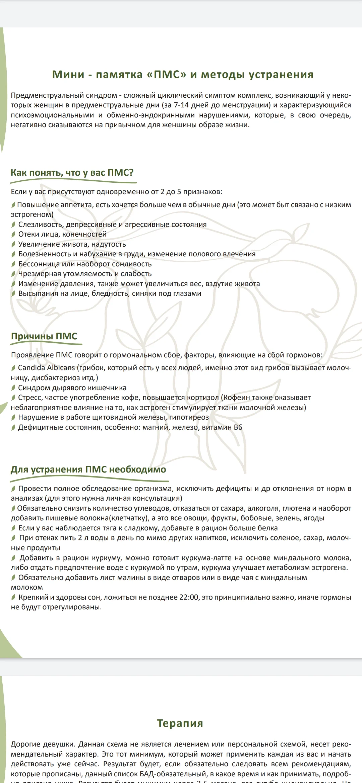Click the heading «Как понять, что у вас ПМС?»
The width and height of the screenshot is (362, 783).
(72, 173)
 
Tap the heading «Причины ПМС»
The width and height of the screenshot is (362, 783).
(44, 336)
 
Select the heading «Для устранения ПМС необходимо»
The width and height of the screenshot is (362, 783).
(88, 469)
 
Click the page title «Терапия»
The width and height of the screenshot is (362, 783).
(180, 723)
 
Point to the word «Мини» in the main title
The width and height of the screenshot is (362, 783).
(68, 74)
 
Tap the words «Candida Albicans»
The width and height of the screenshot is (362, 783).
(47, 368)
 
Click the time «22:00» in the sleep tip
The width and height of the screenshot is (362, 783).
(189, 597)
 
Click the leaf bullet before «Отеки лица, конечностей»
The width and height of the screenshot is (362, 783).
(13, 235)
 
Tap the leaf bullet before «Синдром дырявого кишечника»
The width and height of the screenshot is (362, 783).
(13, 388)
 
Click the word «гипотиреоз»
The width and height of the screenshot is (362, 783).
(189, 417)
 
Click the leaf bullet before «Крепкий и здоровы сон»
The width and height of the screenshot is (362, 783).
(13, 597)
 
